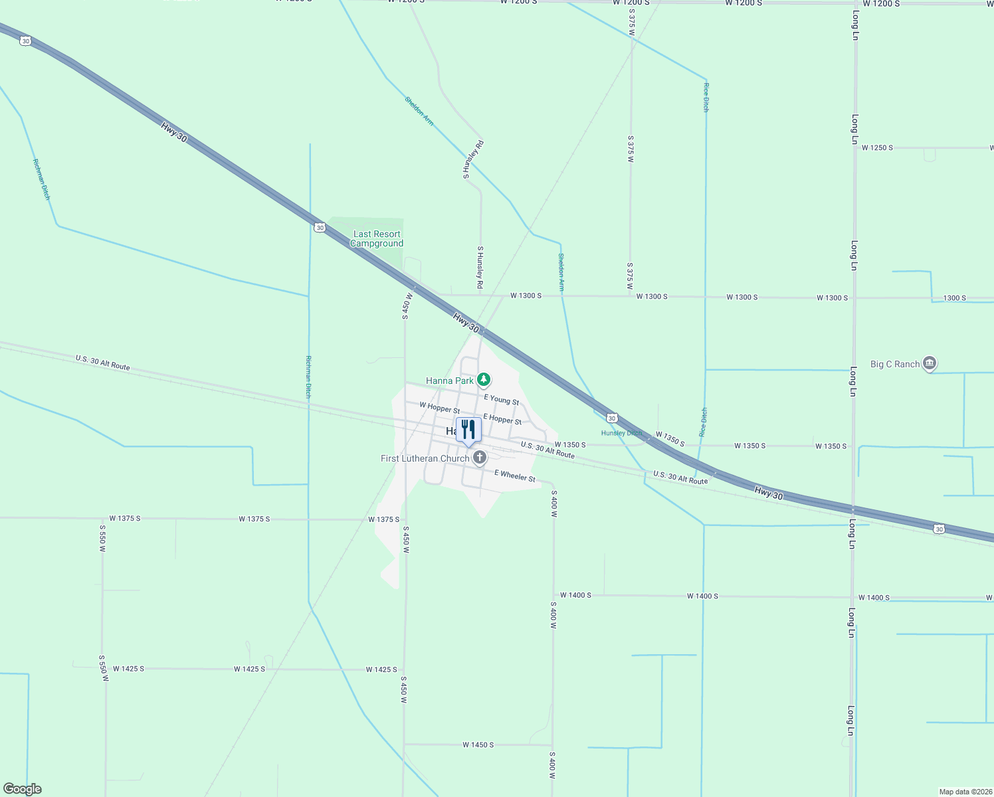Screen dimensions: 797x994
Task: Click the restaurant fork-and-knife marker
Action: click(x=468, y=430)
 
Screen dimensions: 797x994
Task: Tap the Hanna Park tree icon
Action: click(x=484, y=380)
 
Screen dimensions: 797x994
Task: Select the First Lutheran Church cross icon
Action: click(x=479, y=458)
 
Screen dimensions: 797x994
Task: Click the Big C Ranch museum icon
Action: click(x=930, y=363)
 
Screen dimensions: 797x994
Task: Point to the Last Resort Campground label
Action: click(x=377, y=239)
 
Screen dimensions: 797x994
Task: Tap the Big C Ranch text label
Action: click(x=895, y=364)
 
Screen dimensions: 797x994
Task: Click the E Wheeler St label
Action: click(x=514, y=475)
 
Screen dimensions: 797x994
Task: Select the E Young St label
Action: click(x=501, y=399)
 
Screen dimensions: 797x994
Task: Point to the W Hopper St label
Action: click(x=439, y=407)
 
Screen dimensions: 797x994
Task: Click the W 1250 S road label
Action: click(x=877, y=147)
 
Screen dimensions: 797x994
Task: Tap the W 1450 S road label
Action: click(x=478, y=745)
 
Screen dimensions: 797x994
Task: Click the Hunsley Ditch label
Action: click(x=621, y=433)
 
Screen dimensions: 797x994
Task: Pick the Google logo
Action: click(x=22, y=789)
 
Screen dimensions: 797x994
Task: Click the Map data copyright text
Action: click(x=965, y=792)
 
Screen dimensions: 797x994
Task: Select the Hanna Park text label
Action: click(x=450, y=381)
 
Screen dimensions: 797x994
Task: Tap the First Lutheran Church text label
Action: click(x=425, y=458)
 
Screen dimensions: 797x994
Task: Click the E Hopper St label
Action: click(x=502, y=419)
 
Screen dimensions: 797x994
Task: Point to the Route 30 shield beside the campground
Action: click(x=320, y=228)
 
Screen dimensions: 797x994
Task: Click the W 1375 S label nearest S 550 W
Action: click(x=125, y=518)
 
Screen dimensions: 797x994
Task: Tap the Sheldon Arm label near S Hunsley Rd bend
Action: click(x=419, y=111)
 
